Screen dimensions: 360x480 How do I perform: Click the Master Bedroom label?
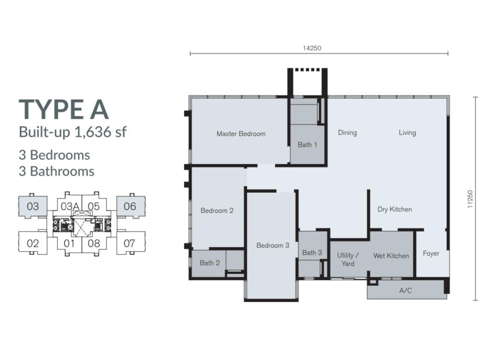point(241,134)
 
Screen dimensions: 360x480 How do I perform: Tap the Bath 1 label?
point(307,145)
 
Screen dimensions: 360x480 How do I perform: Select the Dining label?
point(347,133)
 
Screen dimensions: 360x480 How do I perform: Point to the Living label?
point(407,133)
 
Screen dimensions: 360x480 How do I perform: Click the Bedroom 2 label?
point(217,211)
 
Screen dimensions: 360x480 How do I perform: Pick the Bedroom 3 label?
point(273,246)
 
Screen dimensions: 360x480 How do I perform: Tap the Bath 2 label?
point(210,263)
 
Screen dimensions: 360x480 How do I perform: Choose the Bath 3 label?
point(312,253)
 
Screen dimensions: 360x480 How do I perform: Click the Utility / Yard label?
point(348,259)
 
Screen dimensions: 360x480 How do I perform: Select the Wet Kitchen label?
point(391,256)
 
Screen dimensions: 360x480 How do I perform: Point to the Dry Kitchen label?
point(394,209)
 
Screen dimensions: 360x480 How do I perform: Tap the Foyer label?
point(431,254)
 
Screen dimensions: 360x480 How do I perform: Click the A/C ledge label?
point(406,291)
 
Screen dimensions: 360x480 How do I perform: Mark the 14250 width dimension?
point(312,49)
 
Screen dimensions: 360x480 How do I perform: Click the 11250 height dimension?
point(470,199)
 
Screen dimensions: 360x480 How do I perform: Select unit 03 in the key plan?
point(33,207)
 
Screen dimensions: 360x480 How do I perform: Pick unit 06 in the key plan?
point(130,207)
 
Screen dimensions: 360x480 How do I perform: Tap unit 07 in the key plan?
point(129,243)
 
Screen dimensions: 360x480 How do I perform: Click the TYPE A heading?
point(64,110)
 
